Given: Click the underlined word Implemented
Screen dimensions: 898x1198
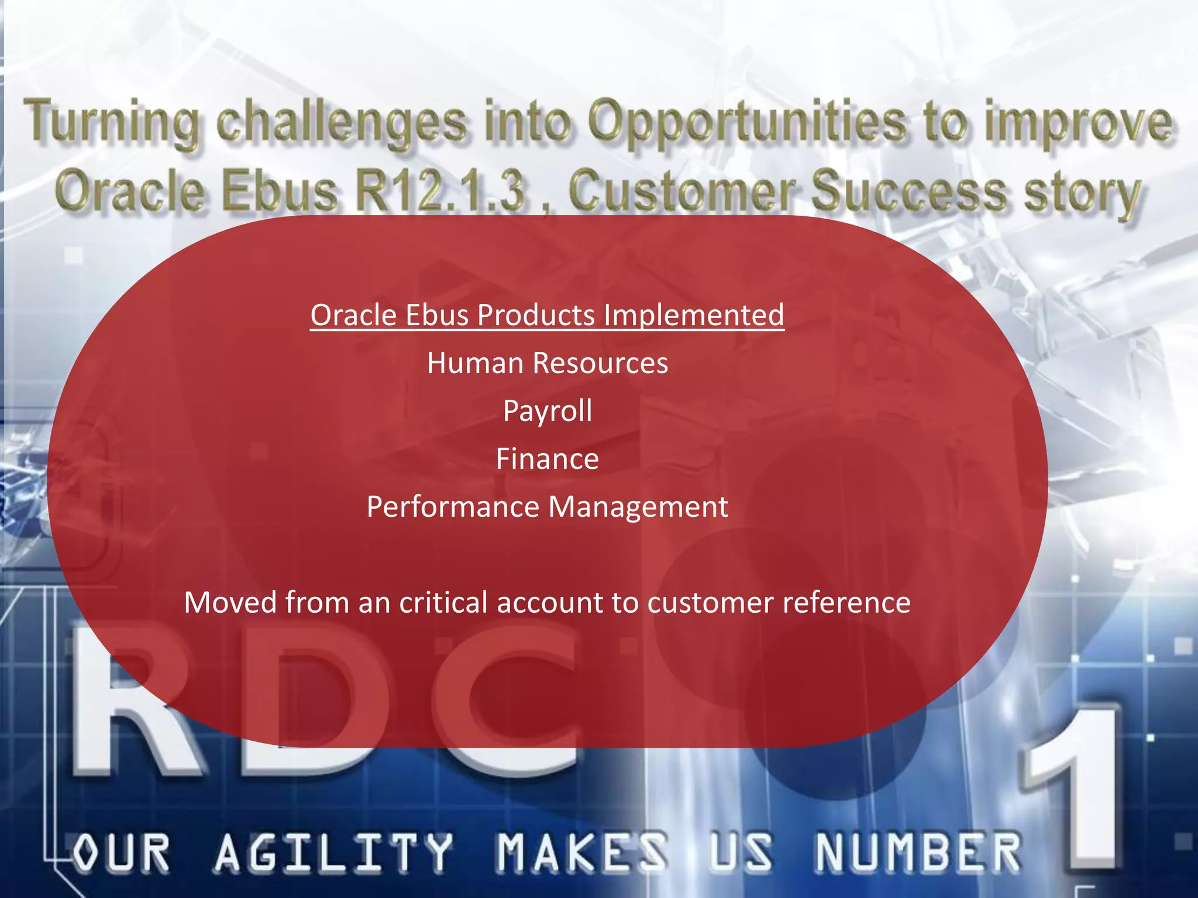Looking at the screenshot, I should point(693,315).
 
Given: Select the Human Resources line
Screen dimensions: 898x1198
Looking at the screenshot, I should point(547,363).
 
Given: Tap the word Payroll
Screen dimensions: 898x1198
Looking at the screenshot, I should point(547,411).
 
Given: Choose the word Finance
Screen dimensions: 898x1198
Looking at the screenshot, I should point(547,459).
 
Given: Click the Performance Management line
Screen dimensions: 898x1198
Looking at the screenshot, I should point(547,507).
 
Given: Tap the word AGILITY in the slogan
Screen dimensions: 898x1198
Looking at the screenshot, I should point(333,852).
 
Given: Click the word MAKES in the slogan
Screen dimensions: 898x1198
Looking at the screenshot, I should point(582,852).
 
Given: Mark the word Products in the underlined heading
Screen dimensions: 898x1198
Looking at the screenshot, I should point(536,315).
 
